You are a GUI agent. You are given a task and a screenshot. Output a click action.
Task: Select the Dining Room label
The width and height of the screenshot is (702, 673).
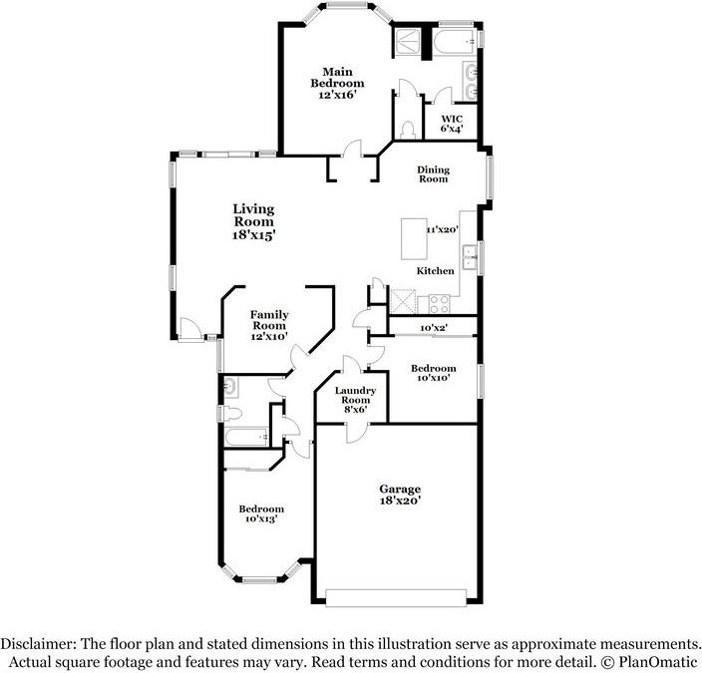tap(433, 173)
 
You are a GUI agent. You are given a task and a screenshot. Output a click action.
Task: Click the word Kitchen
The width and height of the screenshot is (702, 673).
tap(436, 271)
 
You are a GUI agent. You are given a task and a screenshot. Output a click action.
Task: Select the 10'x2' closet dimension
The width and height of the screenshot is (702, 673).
tap(433, 327)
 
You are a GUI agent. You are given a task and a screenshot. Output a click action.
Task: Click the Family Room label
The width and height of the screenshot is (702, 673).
tap(269, 326)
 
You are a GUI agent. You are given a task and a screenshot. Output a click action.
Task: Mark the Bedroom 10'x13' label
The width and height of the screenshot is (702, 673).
tap(260, 514)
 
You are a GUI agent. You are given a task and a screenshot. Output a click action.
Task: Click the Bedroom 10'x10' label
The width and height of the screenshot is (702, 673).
tap(434, 373)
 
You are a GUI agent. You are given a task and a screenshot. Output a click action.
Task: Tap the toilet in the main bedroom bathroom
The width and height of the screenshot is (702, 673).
tap(408, 130)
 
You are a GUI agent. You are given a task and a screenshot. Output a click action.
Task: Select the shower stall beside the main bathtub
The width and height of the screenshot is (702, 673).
tap(407, 40)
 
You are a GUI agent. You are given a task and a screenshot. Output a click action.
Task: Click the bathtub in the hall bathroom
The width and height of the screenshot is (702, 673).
tap(245, 437)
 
